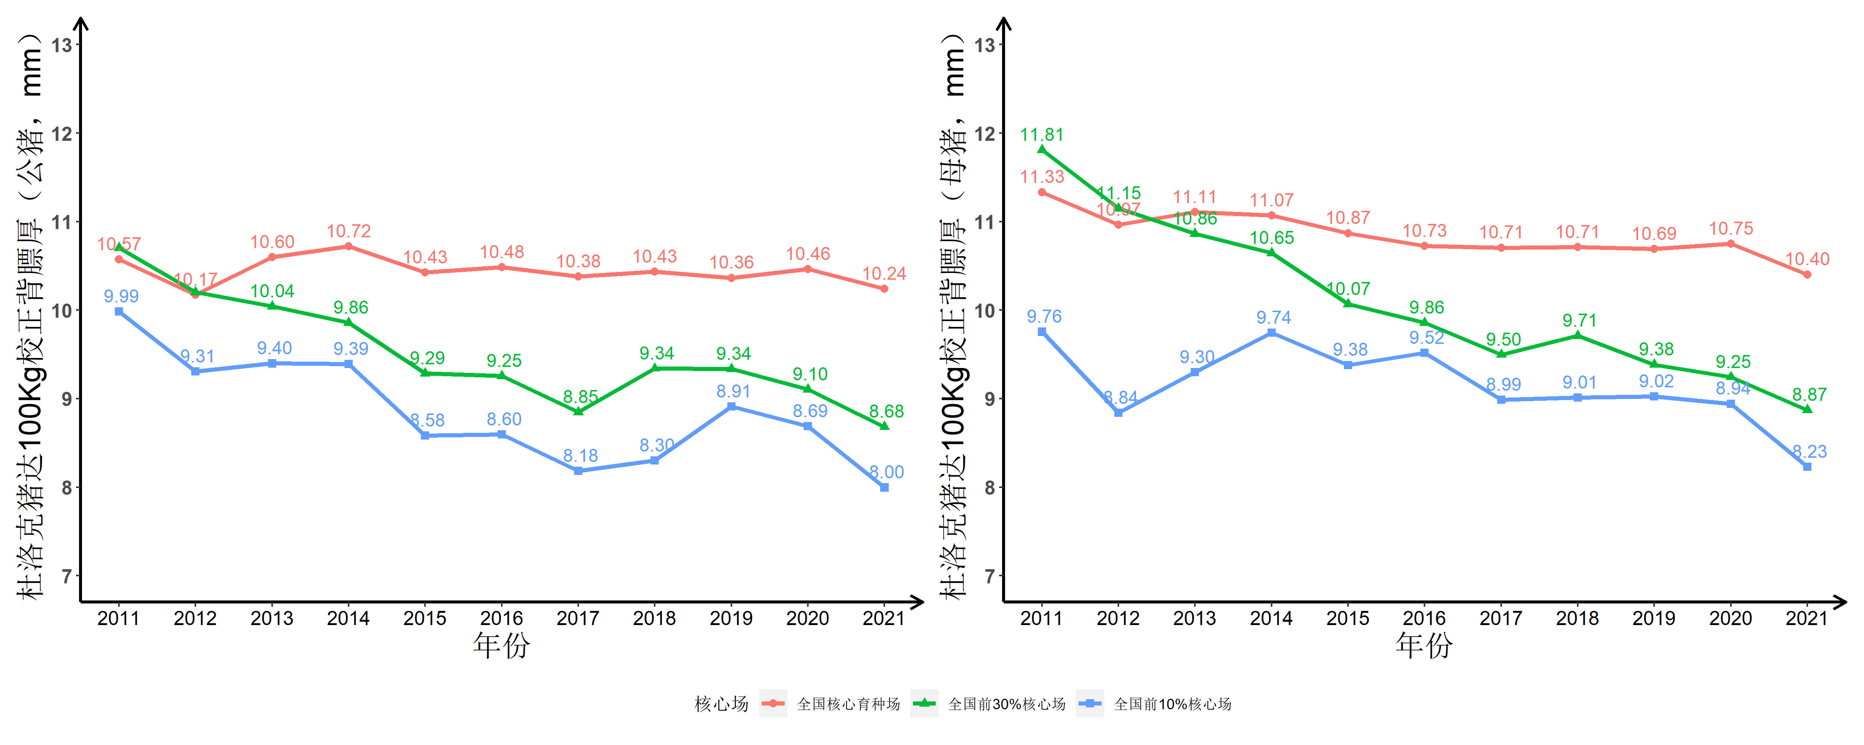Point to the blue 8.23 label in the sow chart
tap(1809, 451)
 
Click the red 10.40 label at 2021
tap(1807, 259)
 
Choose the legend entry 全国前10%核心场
tap(1172, 704)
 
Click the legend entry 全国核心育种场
tap(848, 704)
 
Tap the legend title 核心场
tap(721, 704)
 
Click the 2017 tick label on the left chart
tap(577, 618)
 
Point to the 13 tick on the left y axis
tap(63, 45)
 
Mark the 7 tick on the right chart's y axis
tap(989, 577)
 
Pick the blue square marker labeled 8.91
tap(731, 406)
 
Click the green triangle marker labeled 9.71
tap(1577, 336)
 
